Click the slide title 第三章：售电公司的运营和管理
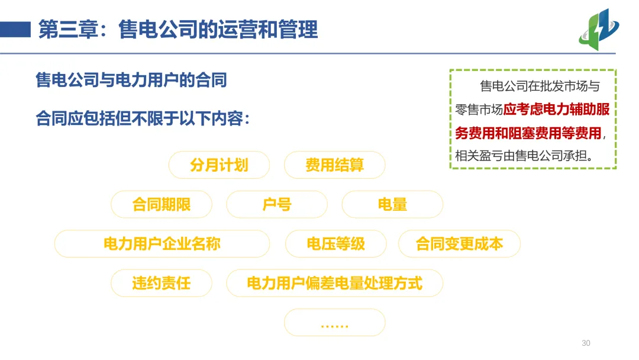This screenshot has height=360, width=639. [177, 29]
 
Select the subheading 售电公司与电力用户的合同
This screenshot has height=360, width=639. [131, 80]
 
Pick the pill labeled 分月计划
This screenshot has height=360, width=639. [219, 165]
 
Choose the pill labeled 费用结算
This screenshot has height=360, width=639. [334, 165]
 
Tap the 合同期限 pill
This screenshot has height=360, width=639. [161, 204]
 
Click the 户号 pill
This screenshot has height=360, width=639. [276, 204]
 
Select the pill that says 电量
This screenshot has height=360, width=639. [392, 204]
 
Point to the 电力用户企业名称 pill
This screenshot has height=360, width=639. [162, 243]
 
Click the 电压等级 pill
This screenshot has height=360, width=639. [335, 243]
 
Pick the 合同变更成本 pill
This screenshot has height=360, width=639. [459, 243]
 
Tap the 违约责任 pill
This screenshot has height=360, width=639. [161, 283]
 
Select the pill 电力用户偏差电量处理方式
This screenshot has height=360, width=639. [334, 283]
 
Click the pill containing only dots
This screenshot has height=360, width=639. [334, 323]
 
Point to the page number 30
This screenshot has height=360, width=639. [586, 343]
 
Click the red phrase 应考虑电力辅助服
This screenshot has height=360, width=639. [556, 110]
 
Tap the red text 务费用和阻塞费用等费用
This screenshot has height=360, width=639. [528, 133]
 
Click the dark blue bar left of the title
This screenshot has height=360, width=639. [15, 28]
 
